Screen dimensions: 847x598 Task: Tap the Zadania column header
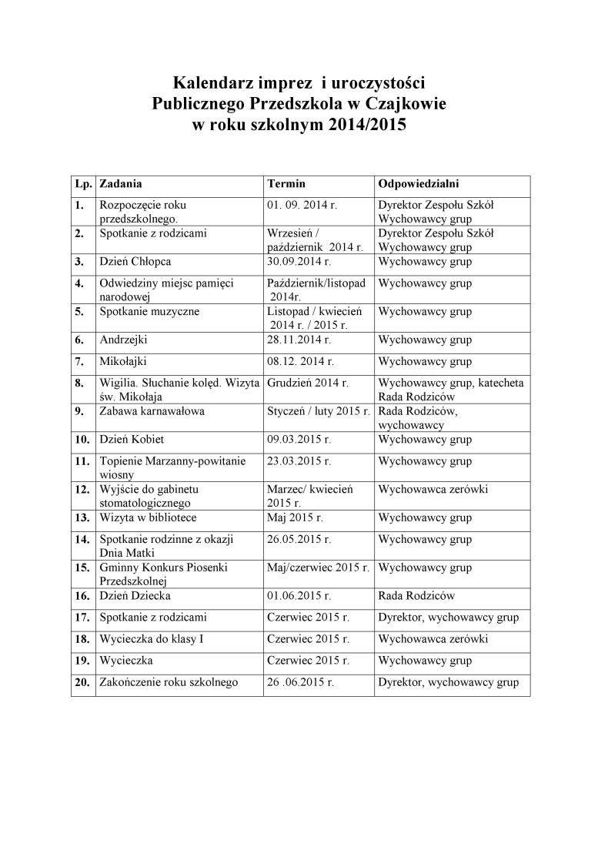pyautogui.click(x=121, y=184)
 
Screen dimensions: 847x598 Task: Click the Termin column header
pyautogui.click(x=286, y=184)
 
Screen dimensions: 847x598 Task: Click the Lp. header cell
pyautogui.click(x=83, y=184)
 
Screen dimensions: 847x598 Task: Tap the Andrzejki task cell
pyautogui.click(x=123, y=340)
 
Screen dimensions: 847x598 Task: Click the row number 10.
pyautogui.click(x=82, y=440)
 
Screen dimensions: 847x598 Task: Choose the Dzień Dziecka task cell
pyautogui.click(x=135, y=595)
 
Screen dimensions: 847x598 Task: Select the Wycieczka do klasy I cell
pyautogui.click(x=152, y=639)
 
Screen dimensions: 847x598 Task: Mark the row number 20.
pyautogui.click(x=82, y=682)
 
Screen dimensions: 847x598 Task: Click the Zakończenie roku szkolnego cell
pyautogui.click(x=169, y=682)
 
